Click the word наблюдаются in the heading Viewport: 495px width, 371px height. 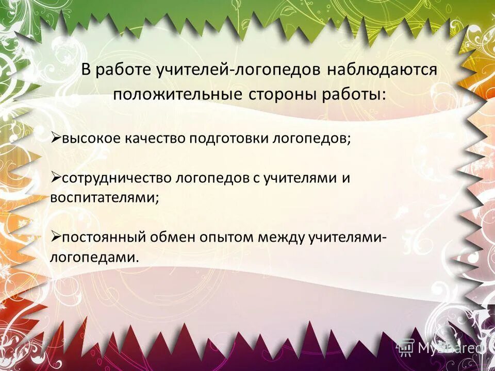382,70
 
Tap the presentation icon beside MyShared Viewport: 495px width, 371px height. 406,348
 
